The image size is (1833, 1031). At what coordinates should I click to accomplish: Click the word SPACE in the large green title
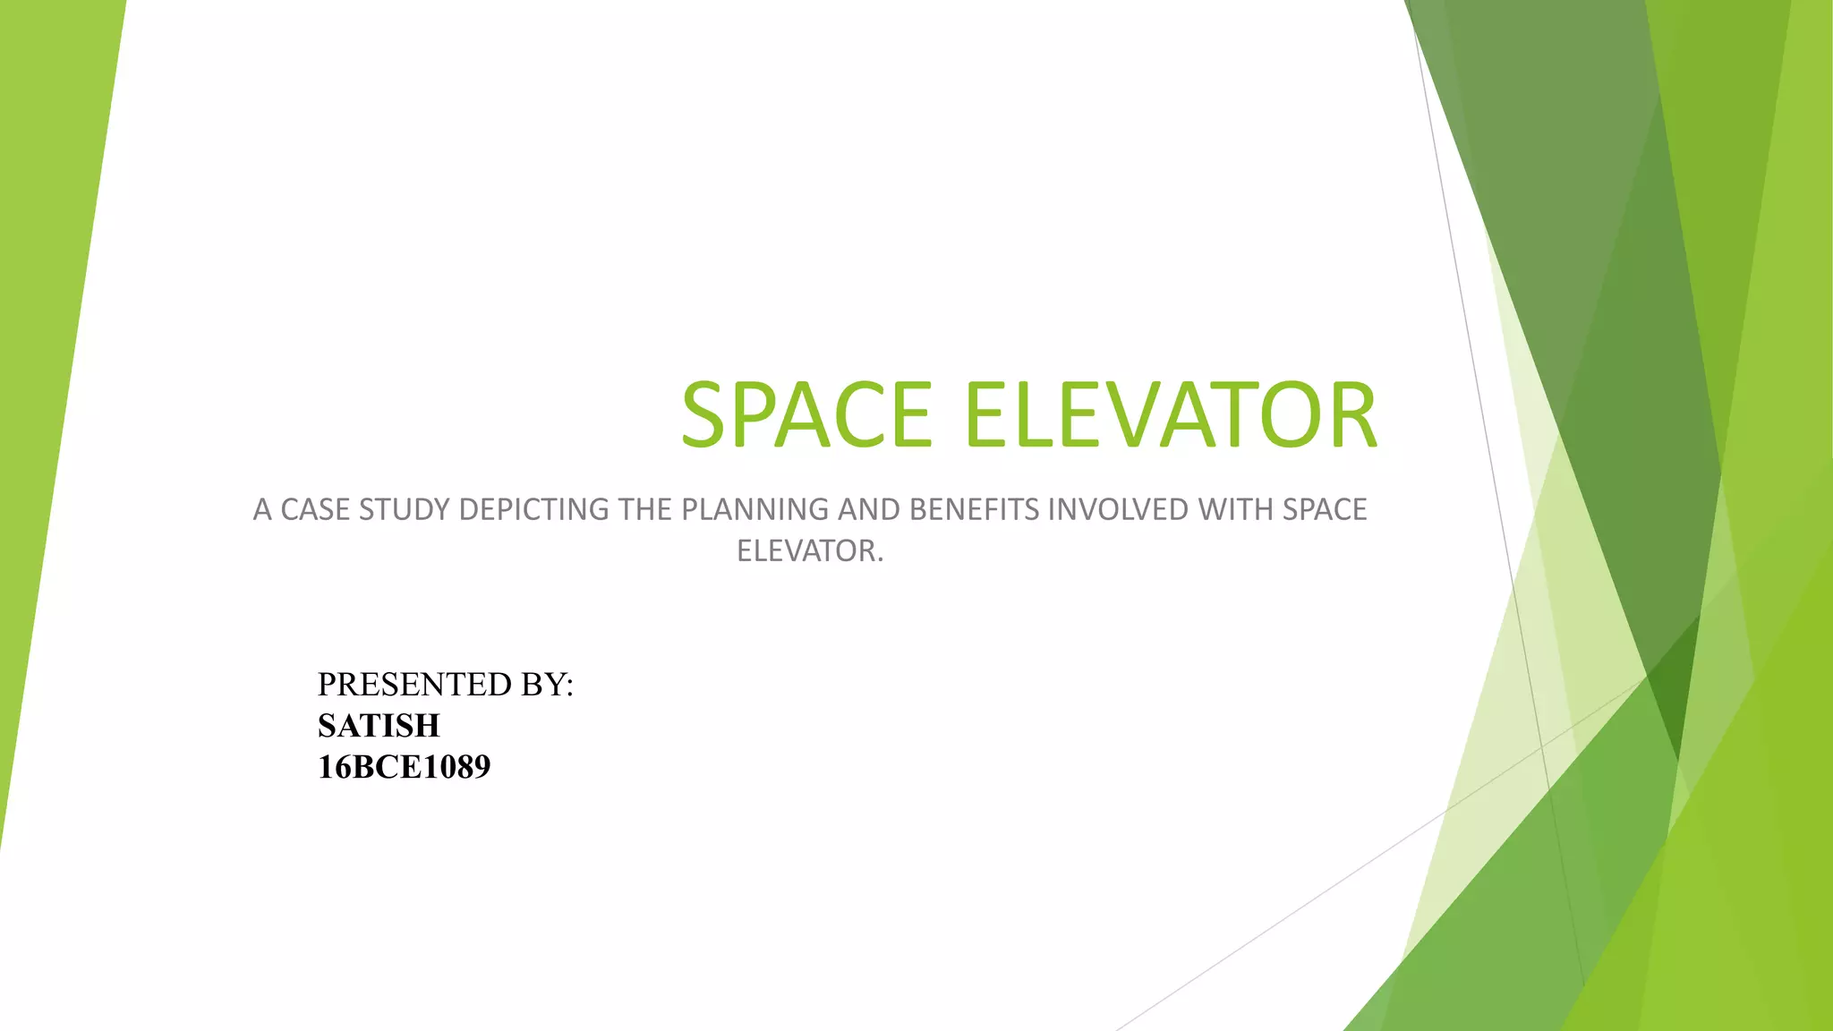click(806, 415)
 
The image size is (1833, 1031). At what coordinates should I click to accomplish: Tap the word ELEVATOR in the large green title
click(1171, 415)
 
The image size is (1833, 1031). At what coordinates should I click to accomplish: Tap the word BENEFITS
click(974, 509)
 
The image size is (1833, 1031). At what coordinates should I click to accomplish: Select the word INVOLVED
click(1118, 509)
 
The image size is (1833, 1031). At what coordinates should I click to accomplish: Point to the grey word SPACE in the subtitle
click(1325, 509)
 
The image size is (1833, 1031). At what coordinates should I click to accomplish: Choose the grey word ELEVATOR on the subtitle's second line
click(809, 550)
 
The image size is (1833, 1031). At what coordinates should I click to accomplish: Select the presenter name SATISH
click(379, 726)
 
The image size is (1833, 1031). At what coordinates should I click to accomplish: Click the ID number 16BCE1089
click(404, 767)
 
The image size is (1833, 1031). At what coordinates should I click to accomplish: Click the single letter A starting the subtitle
click(262, 509)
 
